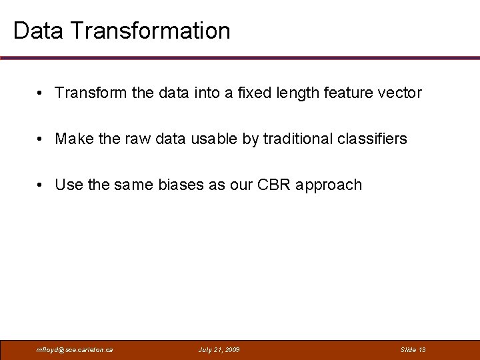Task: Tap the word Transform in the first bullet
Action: pyautogui.click(x=91, y=93)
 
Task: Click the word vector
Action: pyautogui.click(x=399, y=93)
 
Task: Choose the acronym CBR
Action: pyautogui.click(x=273, y=185)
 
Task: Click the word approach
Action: pyautogui.click(x=329, y=185)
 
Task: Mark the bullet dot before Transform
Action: pyautogui.click(x=41, y=93)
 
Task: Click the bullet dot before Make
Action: pyautogui.click(x=41, y=139)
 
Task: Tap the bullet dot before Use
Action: pyautogui.click(x=41, y=185)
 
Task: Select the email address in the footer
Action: pyautogui.click(x=75, y=349)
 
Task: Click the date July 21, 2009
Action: pyautogui.click(x=219, y=349)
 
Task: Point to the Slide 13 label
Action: pyautogui.click(x=413, y=349)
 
